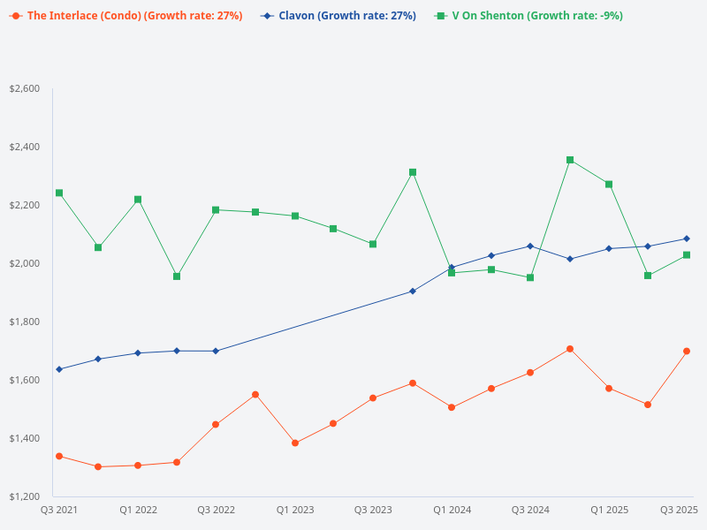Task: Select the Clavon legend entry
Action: (x=339, y=16)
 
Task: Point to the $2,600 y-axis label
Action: (x=24, y=88)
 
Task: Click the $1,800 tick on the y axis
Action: (x=24, y=322)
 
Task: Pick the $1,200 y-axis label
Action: (x=24, y=496)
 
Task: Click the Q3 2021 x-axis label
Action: (x=59, y=510)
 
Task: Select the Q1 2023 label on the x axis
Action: (x=295, y=510)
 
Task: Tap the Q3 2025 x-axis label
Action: (x=680, y=510)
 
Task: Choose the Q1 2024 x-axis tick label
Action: (x=452, y=510)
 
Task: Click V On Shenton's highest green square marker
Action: (x=570, y=160)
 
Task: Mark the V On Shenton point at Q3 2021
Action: (x=59, y=193)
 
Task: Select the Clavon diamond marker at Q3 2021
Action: (x=59, y=369)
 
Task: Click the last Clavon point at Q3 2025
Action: (x=687, y=238)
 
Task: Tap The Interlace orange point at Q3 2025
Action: (x=687, y=351)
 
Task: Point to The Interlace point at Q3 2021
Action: (x=59, y=456)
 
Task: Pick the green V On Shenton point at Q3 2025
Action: (x=687, y=255)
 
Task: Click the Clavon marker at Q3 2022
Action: (x=216, y=351)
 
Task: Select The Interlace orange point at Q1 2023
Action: (x=295, y=443)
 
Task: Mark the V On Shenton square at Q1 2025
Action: (x=609, y=184)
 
